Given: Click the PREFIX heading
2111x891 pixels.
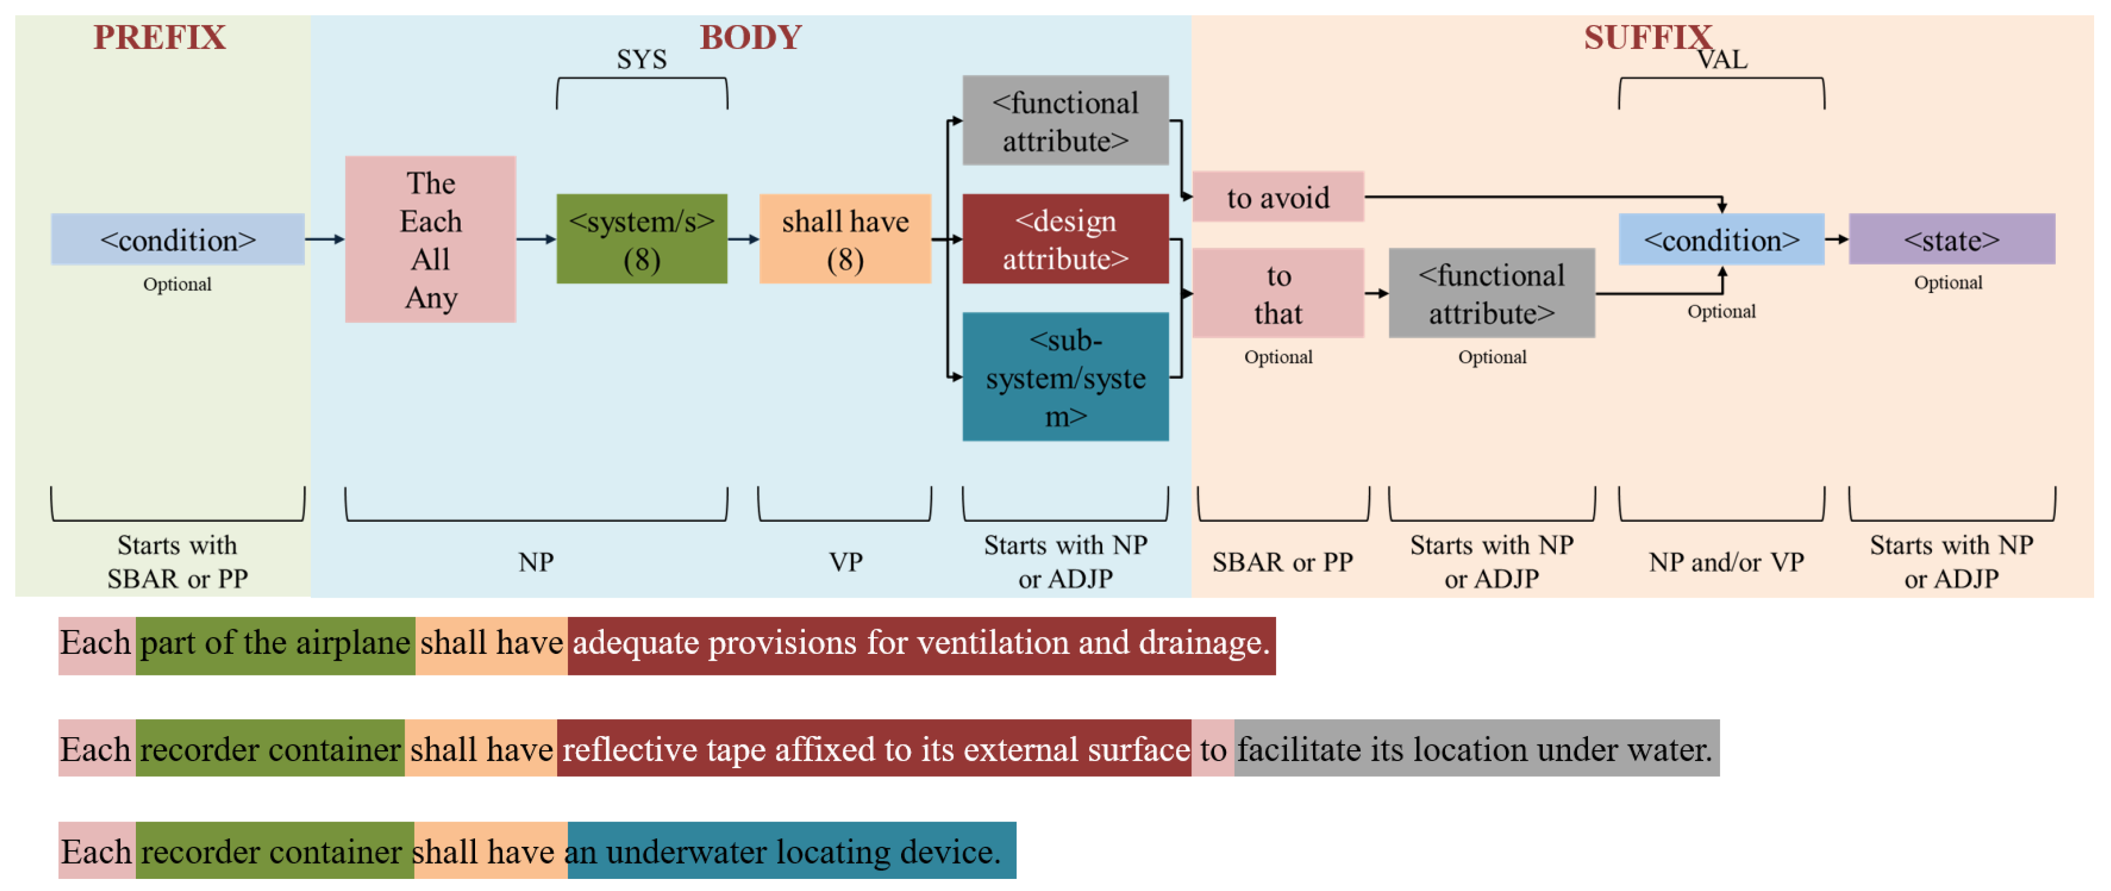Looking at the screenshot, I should point(159,38).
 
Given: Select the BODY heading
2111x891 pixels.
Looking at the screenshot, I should point(750,38).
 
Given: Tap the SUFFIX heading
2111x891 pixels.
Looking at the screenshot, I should point(1647,38).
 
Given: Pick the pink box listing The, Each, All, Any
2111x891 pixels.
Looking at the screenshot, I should point(430,239).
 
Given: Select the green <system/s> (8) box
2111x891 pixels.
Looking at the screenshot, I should point(642,239).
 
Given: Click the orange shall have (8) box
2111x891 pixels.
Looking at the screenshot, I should point(845,239).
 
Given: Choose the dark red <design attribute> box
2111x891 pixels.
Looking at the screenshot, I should point(1066,239).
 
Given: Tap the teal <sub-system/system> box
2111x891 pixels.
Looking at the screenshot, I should point(1066,377).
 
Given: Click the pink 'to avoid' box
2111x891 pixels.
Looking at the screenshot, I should point(1278,197).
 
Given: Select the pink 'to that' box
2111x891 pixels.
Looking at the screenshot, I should point(1278,293).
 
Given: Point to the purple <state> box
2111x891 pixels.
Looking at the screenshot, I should point(1951,239).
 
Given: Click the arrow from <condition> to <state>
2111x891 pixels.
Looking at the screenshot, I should point(1837,239).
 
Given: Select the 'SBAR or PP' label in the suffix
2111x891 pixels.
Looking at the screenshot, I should point(1283,562).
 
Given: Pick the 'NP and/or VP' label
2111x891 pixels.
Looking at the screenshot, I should point(1726,562).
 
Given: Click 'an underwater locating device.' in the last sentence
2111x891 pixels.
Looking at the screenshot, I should point(791,851).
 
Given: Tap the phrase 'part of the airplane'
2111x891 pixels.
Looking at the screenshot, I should point(275,643).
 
